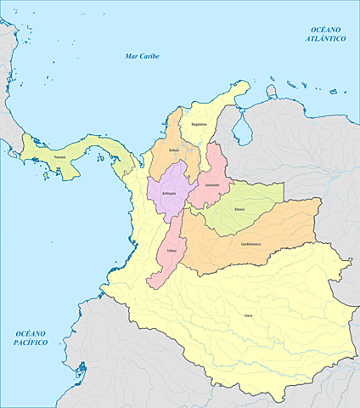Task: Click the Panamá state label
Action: coord(58,156)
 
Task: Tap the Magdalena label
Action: coord(199,124)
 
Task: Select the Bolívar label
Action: coord(174,150)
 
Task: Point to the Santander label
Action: coord(212,184)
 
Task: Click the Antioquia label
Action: coord(168,194)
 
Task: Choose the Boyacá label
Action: coord(239,208)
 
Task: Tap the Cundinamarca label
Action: coord(250,244)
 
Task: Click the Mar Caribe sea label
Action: coord(142,56)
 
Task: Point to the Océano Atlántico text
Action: coord(326,35)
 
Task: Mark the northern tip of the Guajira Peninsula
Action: coord(246,82)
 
